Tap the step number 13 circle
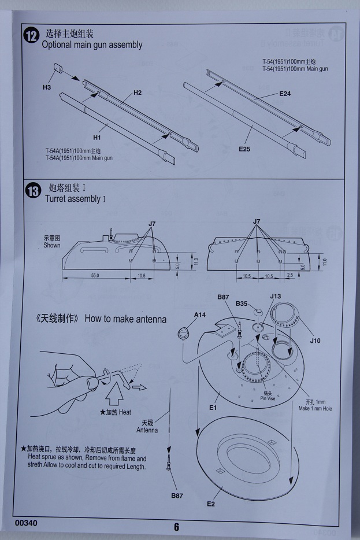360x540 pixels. click(x=32, y=191)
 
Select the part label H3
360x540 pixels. click(x=47, y=87)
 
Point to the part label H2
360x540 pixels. click(x=138, y=93)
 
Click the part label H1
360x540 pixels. click(x=97, y=138)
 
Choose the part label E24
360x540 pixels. click(x=285, y=93)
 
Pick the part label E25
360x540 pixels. click(x=244, y=149)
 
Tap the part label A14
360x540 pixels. click(x=201, y=315)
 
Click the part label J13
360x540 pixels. click(x=275, y=297)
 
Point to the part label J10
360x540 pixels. click(x=315, y=341)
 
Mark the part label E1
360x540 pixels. click(x=213, y=408)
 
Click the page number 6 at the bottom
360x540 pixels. click(x=176, y=527)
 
